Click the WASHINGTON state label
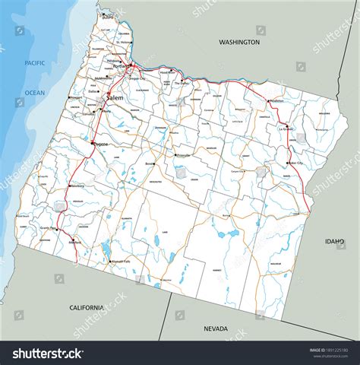239,43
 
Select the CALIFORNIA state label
86,307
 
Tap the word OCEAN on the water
34,92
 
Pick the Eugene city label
99,144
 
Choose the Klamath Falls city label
122,261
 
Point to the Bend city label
150,163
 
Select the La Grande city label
286,129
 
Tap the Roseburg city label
78,184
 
